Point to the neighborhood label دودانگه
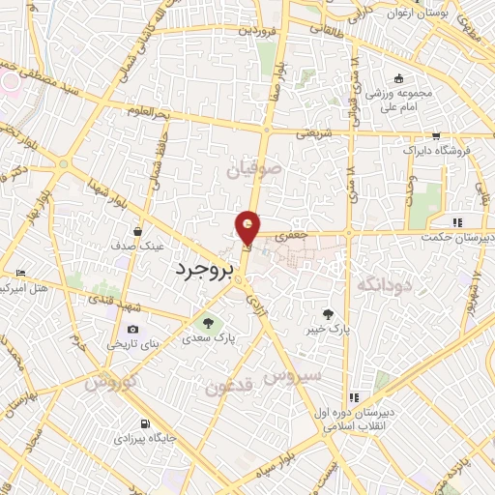(x=385, y=284)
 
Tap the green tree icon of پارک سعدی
(x=205, y=323)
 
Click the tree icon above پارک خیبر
(x=328, y=313)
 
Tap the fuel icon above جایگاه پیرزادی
(x=145, y=423)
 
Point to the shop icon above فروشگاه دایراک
(x=437, y=136)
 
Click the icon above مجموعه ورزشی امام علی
(x=397, y=79)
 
